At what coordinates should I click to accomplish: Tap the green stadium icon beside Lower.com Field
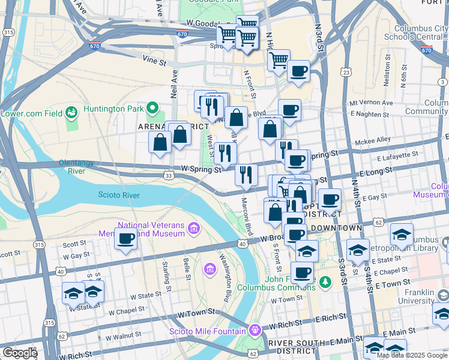(x=72, y=112)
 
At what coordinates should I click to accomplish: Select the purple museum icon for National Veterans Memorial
(x=193, y=228)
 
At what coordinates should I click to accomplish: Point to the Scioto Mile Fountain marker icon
(x=255, y=330)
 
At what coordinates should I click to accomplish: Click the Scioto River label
(x=119, y=195)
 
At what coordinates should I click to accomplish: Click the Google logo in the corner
(x=19, y=353)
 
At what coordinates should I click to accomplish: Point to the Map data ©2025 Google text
(x=412, y=355)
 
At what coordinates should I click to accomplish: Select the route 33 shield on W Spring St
(x=169, y=175)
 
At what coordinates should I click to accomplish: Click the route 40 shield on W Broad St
(x=243, y=244)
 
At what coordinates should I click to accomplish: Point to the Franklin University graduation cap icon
(x=442, y=295)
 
